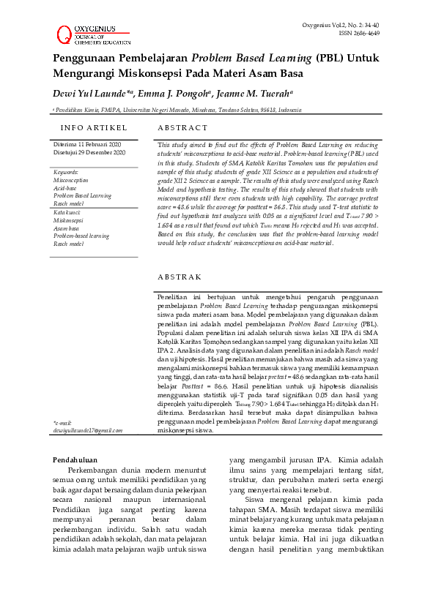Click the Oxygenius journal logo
pos(92,31)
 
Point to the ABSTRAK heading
pos(180,277)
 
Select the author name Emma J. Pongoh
pos(173,94)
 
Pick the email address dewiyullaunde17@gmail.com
pos(88,430)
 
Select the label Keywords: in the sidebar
pos(67,172)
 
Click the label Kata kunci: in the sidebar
pos(68,212)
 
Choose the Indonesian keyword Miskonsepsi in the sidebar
pos(68,220)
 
